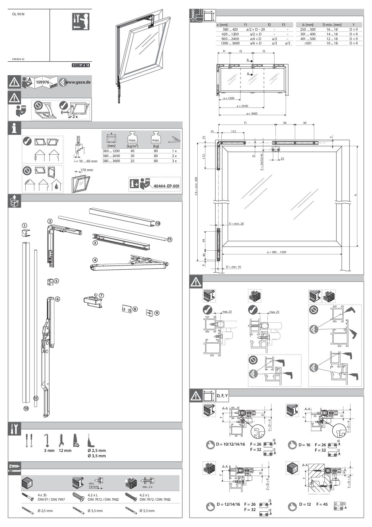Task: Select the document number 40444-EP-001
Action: coord(166,186)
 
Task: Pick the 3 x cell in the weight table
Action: coord(174,161)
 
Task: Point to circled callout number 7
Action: coord(102,295)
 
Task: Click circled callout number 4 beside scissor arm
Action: coord(95,260)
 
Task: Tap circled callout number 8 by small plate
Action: coord(135,309)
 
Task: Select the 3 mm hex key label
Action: coord(49,451)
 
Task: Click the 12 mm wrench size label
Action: coord(65,451)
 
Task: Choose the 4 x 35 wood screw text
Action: coord(42,495)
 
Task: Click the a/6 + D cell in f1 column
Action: coord(255,43)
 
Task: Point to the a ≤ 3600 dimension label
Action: coord(252,113)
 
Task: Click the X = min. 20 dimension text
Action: coord(236,224)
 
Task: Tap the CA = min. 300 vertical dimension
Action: coord(196,186)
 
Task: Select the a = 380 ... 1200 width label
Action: coord(276,252)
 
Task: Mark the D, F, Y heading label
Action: coord(222,396)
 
